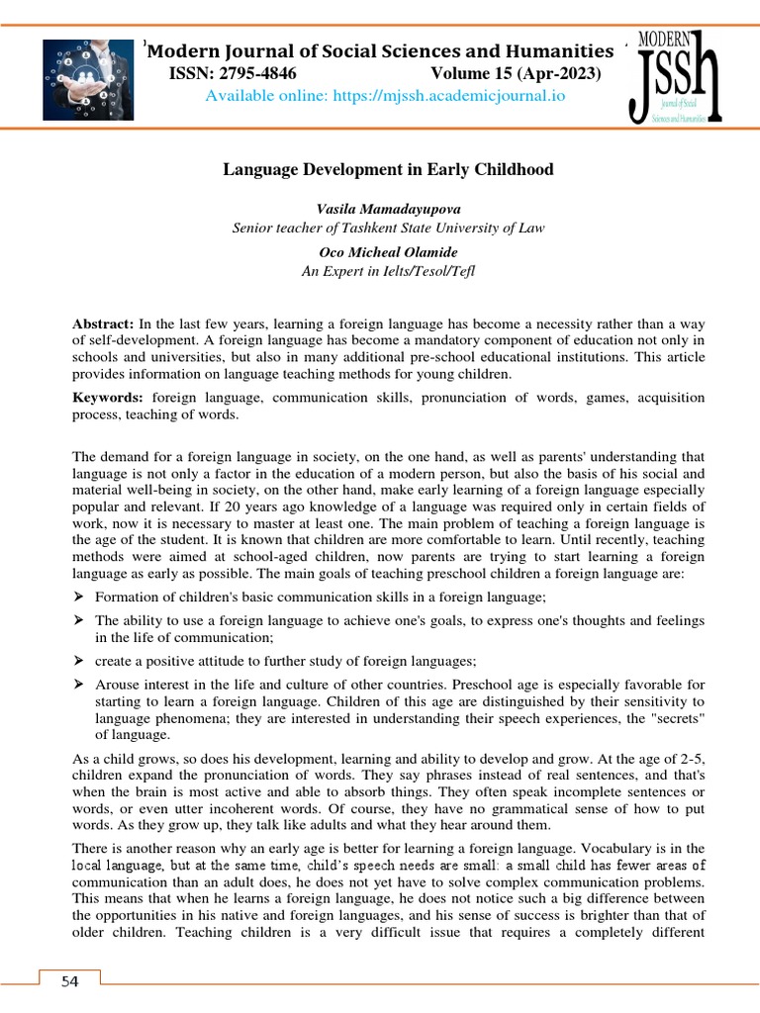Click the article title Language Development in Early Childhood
click(x=389, y=170)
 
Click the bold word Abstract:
click(x=104, y=324)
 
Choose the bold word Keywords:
click(x=109, y=398)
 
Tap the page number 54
click(x=68, y=981)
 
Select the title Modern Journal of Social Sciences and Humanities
click(x=380, y=51)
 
